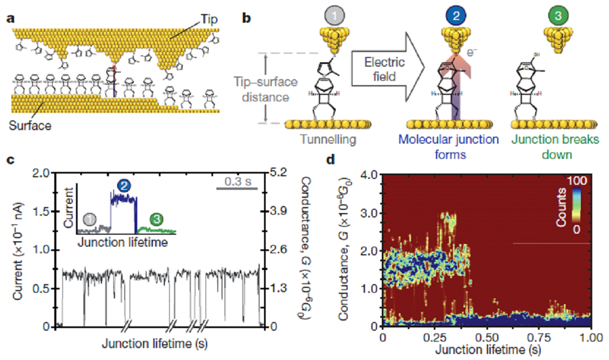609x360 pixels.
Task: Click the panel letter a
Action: pos(10,18)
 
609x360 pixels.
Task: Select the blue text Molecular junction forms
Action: pos(448,147)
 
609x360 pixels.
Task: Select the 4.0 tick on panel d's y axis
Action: pos(369,175)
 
